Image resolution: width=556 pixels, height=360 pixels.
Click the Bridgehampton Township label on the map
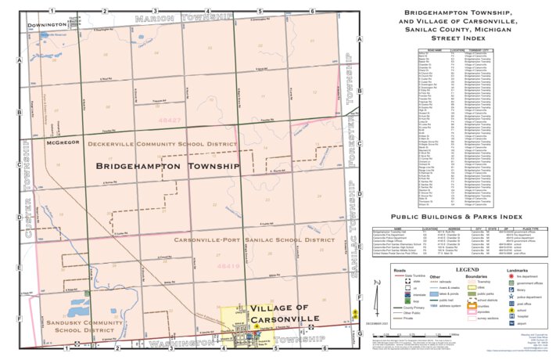[167, 167]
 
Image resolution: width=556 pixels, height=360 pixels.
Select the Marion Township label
[184, 16]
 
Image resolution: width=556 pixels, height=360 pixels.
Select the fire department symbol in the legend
[511, 276]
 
